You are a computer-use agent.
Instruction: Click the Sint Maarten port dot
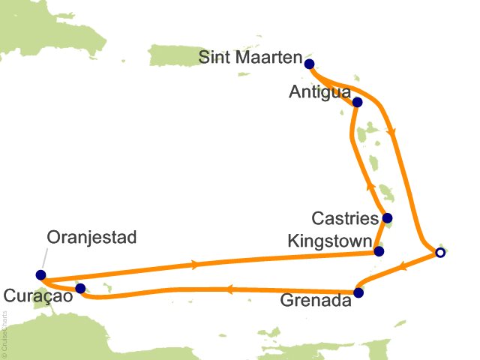pyautogui.click(x=309, y=64)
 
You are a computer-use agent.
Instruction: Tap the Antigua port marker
pyautogui.click(x=357, y=102)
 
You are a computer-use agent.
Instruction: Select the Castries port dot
pyautogui.click(x=386, y=219)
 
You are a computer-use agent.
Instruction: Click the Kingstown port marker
pyautogui.click(x=379, y=251)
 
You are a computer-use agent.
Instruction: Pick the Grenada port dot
pyautogui.click(x=358, y=293)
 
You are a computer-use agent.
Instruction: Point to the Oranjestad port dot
pyautogui.click(x=40, y=275)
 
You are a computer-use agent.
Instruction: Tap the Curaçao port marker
pyautogui.click(x=80, y=288)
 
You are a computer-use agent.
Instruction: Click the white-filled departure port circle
pyautogui.click(x=440, y=253)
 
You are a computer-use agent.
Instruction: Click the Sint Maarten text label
pyautogui.click(x=251, y=58)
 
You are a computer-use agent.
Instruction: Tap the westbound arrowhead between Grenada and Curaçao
pyautogui.click(x=229, y=288)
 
